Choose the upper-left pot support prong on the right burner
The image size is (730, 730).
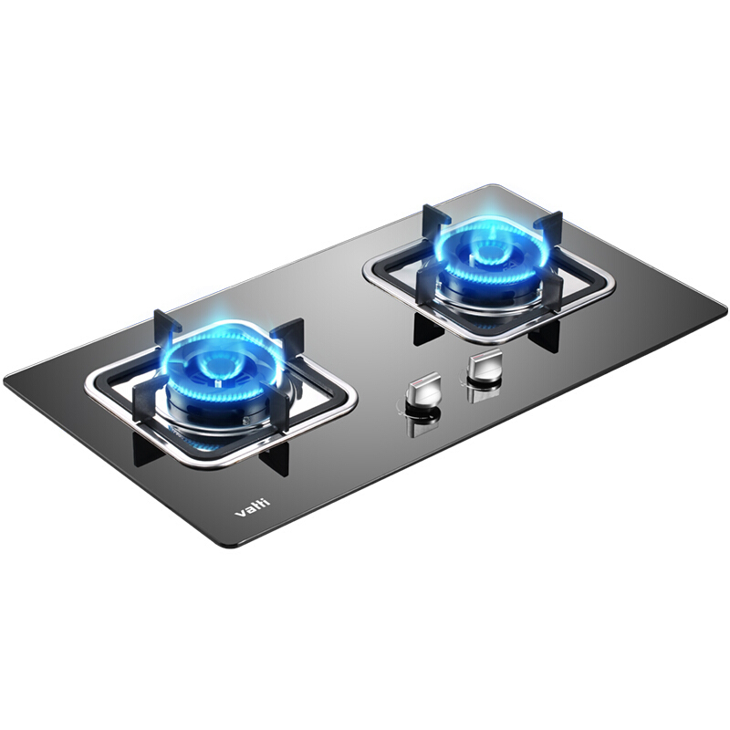tap(433, 218)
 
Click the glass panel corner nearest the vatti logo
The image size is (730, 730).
tap(224, 545)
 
